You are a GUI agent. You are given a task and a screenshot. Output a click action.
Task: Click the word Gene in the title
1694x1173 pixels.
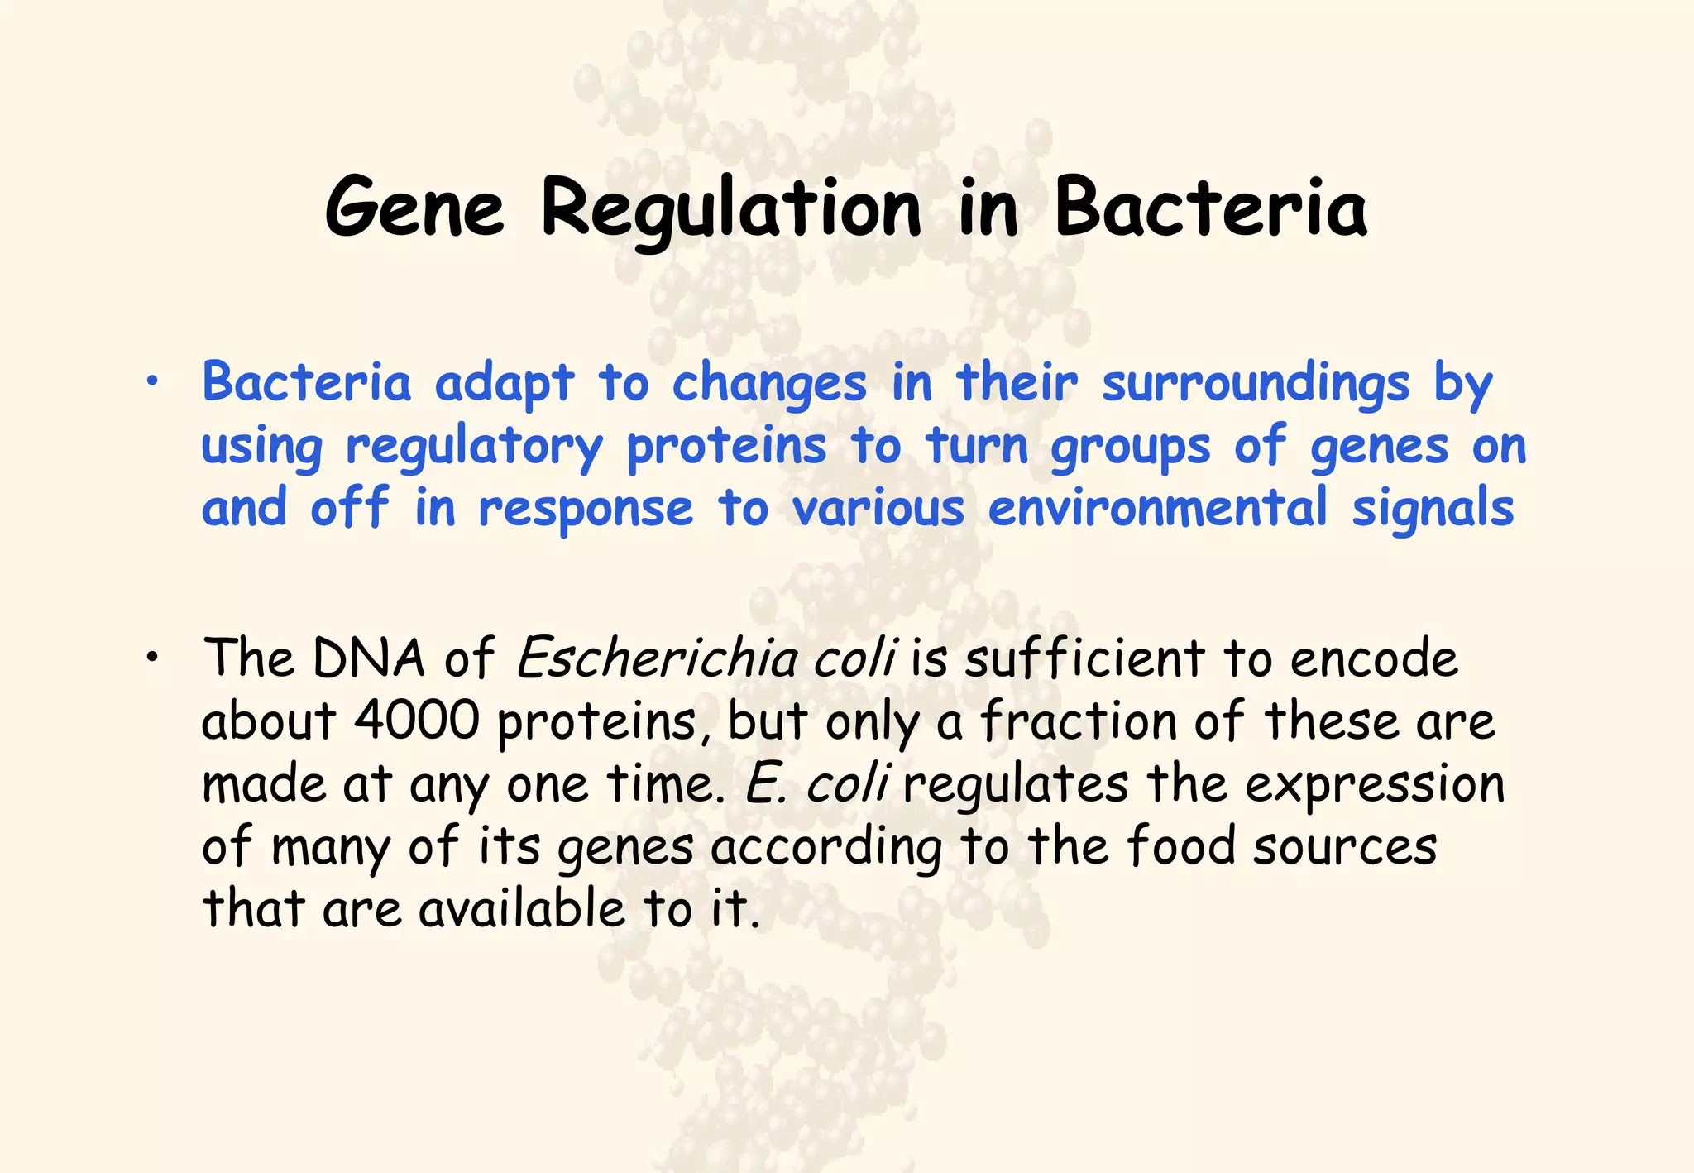coord(414,207)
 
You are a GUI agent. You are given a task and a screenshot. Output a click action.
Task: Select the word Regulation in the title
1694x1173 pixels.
coord(731,208)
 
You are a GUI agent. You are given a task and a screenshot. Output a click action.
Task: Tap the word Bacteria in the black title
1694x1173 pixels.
coord(1210,207)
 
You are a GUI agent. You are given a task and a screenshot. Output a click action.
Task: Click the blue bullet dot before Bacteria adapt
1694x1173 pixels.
coord(151,381)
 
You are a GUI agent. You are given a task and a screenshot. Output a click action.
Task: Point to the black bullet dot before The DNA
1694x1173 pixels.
coord(151,658)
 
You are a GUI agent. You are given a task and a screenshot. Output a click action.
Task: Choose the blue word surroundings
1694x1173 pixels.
coord(1256,384)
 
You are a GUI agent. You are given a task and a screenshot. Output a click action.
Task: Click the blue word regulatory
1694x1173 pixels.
coord(474,447)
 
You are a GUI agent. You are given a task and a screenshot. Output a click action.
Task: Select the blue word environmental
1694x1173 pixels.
coord(1158,507)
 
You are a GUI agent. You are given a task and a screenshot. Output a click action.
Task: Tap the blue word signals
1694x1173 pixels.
coord(1433,509)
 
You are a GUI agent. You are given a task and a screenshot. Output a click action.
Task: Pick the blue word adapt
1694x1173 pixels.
coord(504,384)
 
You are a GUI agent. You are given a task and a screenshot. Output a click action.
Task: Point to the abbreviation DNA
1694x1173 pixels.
coord(369,658)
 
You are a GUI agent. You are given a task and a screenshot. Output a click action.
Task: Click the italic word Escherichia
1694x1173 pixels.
coord(656,658)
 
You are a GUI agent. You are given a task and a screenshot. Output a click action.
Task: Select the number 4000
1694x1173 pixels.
coord(416,721)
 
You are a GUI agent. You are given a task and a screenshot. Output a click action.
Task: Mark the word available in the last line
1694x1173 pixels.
coord(521,908)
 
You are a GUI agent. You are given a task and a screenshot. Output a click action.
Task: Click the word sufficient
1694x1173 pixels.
coord(1084,658)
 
